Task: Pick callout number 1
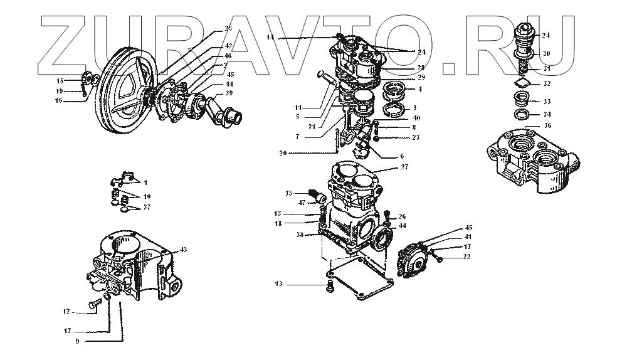(x=145, y=183)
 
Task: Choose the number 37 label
(x=146, y=206)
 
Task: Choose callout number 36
(x=547, y=125)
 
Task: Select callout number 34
(x=547, y=115)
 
